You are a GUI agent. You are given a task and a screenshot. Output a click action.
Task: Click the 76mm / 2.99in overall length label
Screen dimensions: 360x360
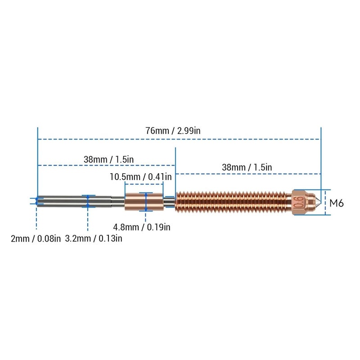pos(173,130)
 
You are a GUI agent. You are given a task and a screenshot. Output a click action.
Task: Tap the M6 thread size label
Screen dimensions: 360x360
pos(337,203)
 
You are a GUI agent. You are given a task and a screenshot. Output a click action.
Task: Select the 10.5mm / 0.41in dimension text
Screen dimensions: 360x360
pos(140,177)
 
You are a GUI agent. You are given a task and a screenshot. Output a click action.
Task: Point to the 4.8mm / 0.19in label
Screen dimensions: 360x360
pos(142,227)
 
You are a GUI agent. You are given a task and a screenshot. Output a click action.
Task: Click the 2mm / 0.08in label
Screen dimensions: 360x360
pos(36,238)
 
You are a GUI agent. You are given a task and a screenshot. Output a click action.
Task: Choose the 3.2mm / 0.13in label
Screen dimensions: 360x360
pos(94,238)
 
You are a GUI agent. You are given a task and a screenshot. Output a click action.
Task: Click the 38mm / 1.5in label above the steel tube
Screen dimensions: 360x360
pos(108,159)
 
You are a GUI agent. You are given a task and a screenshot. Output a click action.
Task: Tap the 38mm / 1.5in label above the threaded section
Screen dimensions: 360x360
pos(247,167)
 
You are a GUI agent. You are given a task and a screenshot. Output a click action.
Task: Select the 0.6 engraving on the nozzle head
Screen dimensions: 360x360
pos(300,202)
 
